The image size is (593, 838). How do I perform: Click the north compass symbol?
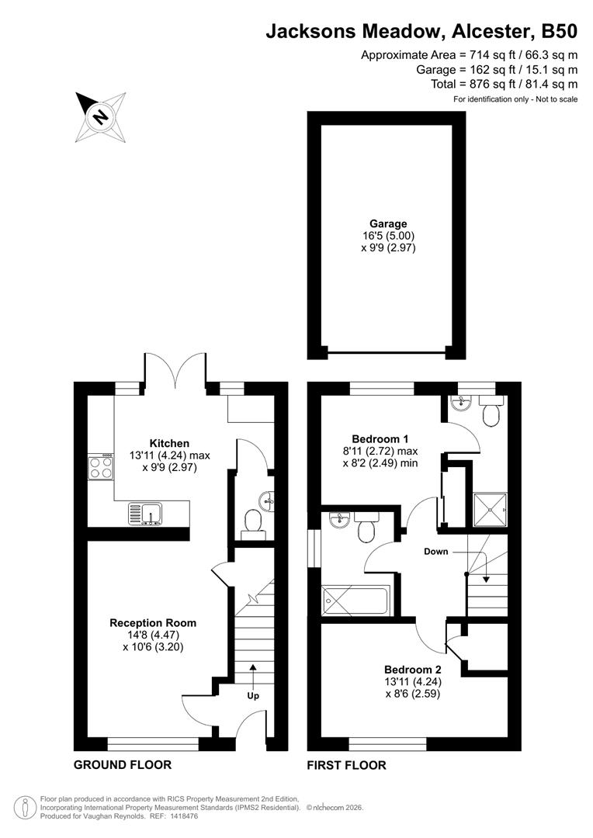point(100,116)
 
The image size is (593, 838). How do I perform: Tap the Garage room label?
point(388,223)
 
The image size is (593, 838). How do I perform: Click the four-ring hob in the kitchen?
point(100,468)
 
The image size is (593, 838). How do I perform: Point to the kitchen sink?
point(145,513)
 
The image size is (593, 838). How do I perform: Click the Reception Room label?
point(153,622)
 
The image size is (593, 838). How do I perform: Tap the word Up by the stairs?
point(253,695)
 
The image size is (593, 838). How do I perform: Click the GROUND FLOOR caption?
point(122,765)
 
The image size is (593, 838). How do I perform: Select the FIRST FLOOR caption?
point(346,765)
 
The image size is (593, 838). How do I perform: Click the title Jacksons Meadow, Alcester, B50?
point(421,32)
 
